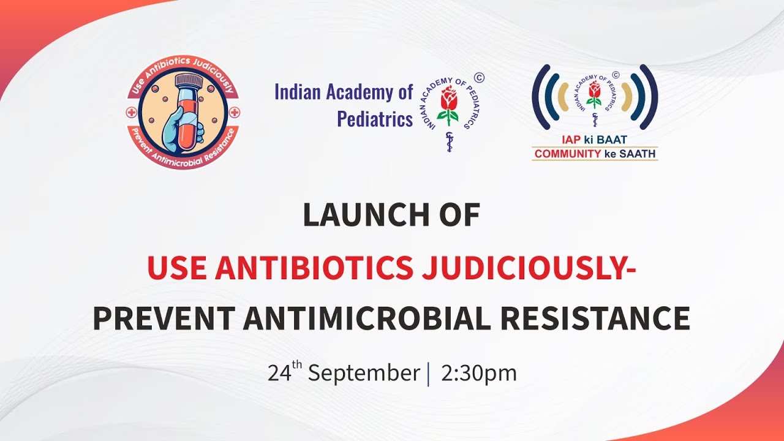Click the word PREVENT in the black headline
[x=164, y=318]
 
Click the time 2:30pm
[x=478, y=373]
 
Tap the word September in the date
[x=363, y=373]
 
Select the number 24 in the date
[x=279, y=373]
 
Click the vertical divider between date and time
[x=428, y=373]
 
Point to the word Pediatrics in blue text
[x=375, y=118]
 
